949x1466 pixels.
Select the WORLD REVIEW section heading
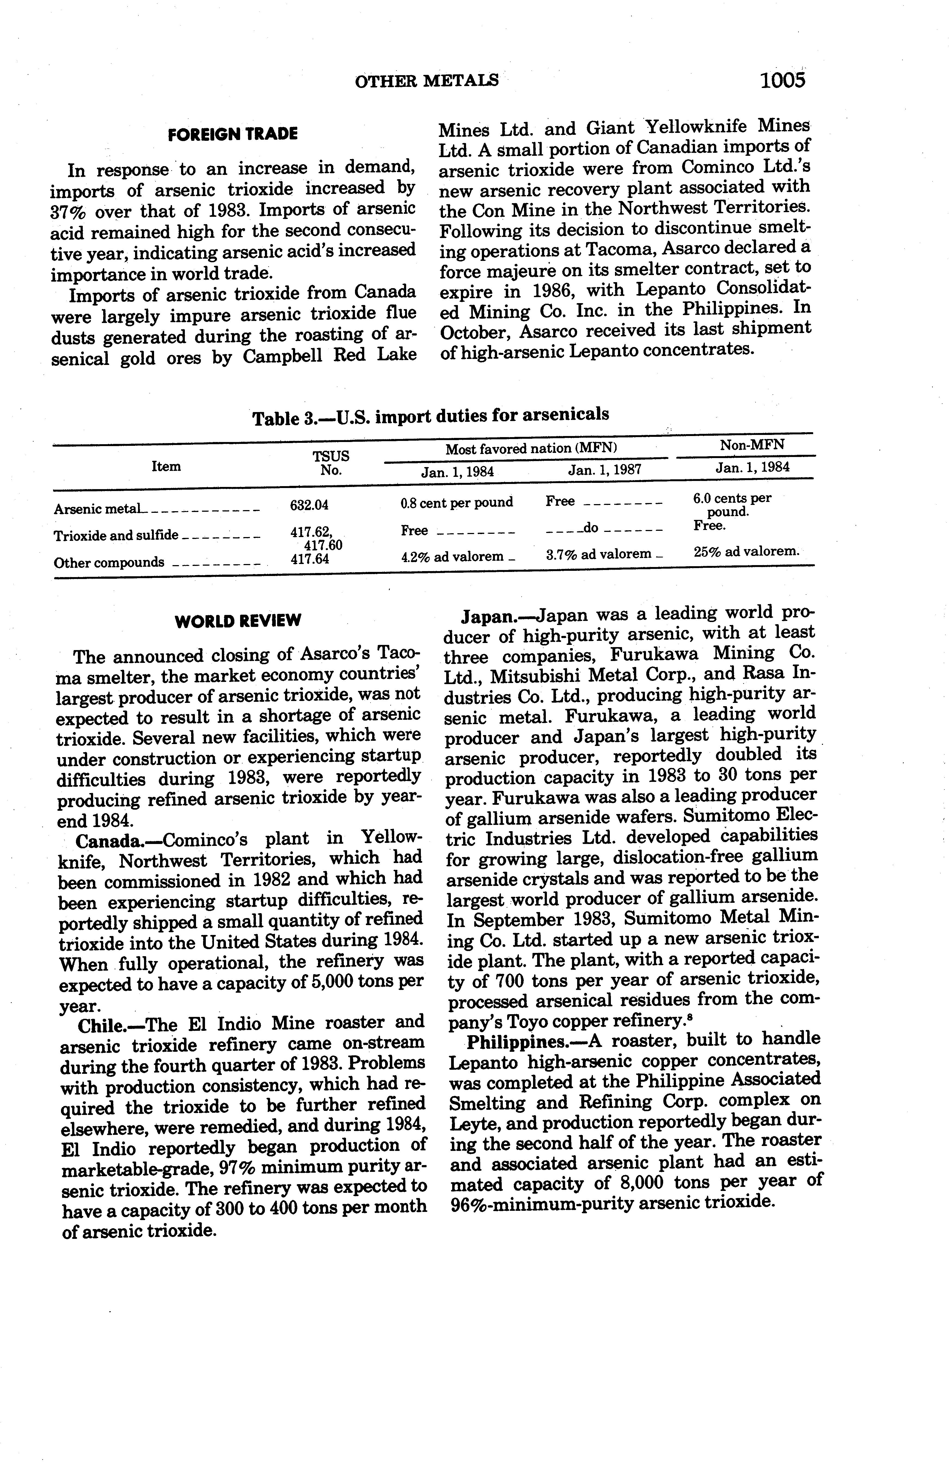[x=238, y=620]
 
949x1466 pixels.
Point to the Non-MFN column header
[x=751, y=445]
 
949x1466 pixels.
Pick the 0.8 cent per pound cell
[x=456, y=502]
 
